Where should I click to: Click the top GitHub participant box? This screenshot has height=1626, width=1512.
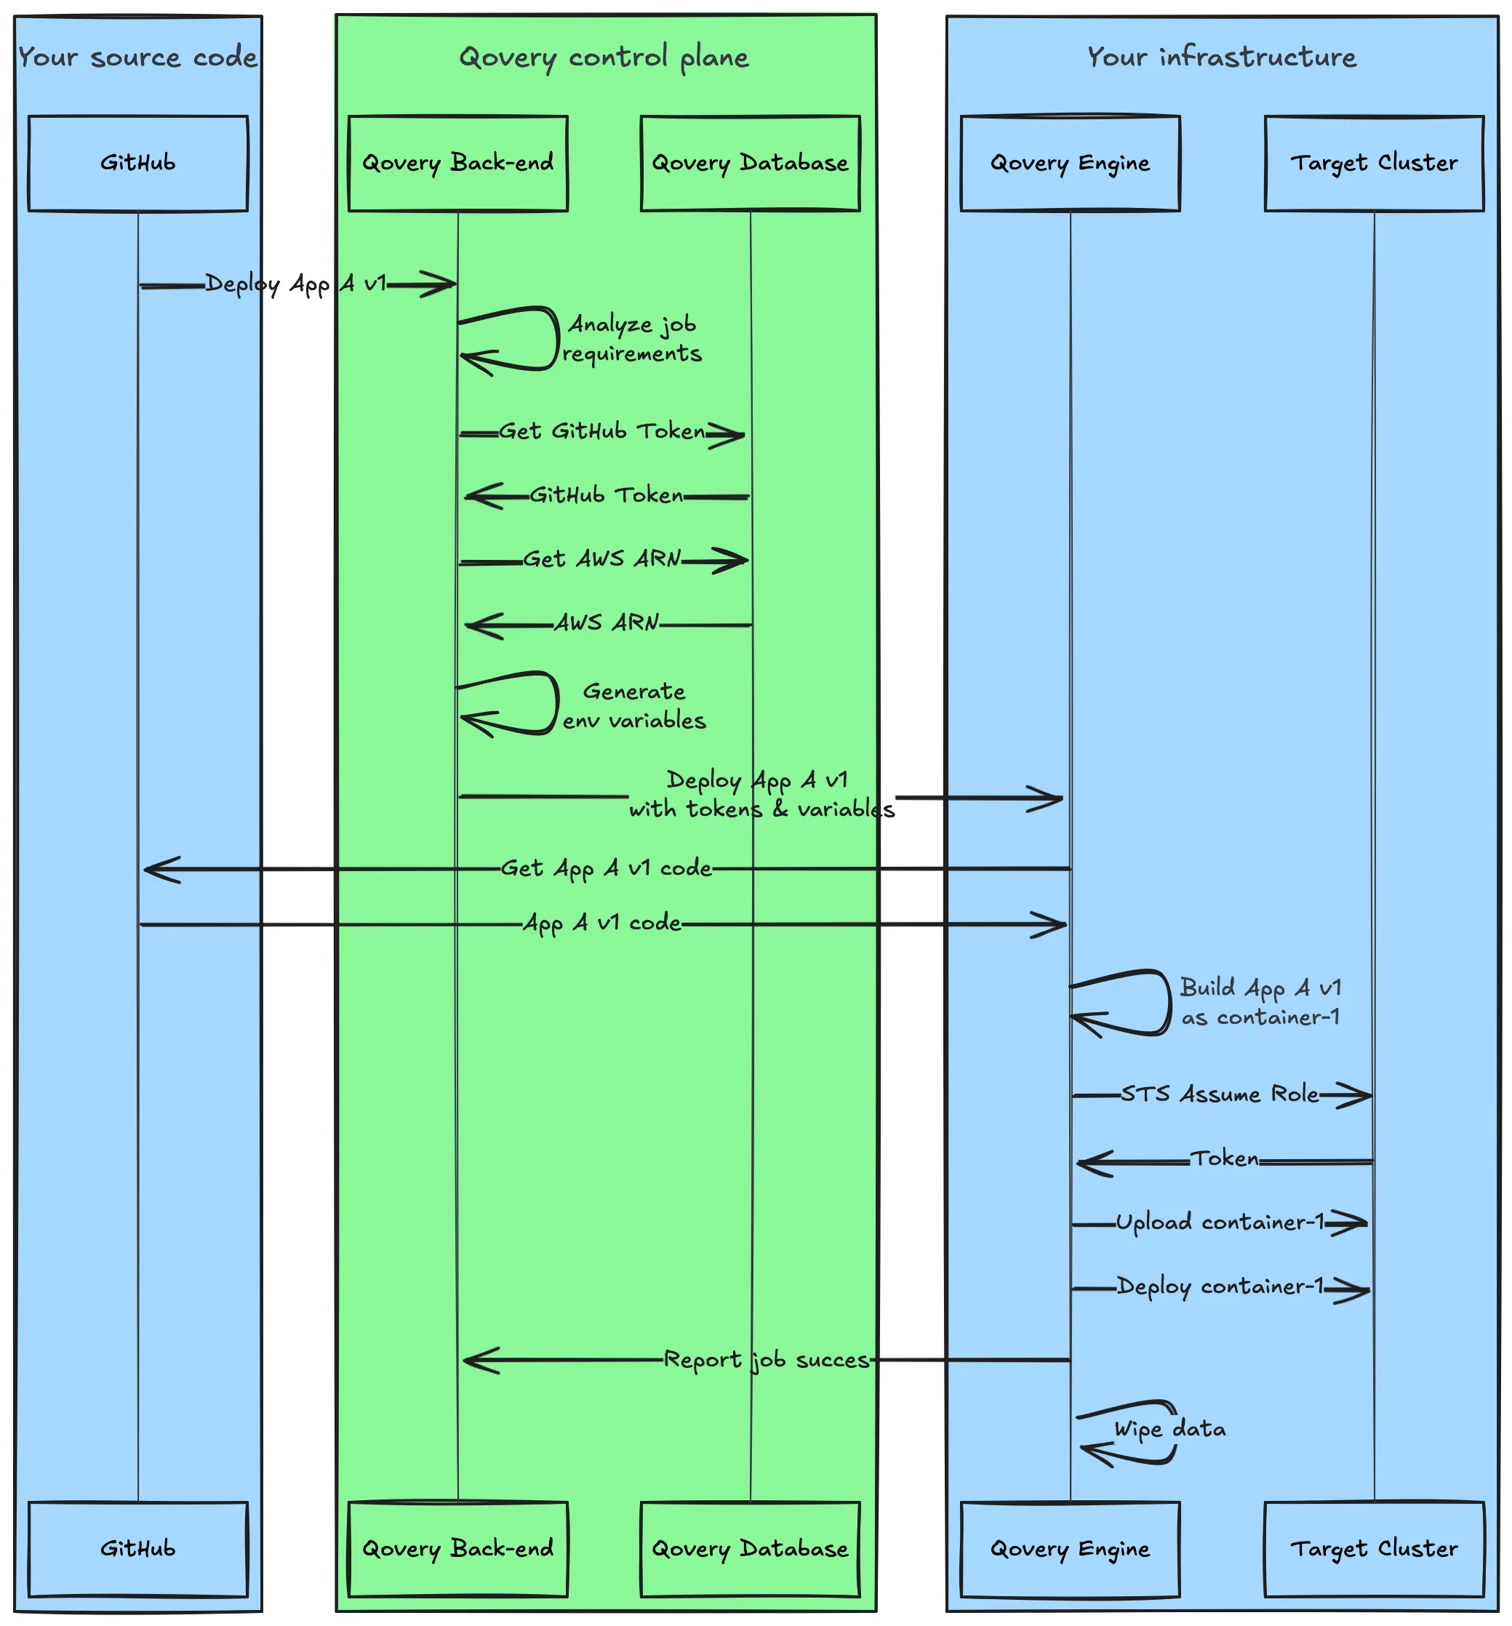coord(137,163)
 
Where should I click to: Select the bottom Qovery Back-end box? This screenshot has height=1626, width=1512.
coord(457,1548)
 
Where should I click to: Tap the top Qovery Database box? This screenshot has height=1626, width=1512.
coord(749,163)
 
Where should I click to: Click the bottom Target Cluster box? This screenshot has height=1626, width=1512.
coord(1374,1548)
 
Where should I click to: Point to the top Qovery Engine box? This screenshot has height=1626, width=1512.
coord(1069,163)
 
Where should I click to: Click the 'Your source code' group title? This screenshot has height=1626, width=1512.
coord(137,57)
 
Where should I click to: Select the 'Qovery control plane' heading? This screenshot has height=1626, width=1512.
coord(604,57)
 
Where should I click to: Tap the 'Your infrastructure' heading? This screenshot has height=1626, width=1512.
coord(1222,57)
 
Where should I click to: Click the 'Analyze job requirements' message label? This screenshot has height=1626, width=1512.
coord(631,339)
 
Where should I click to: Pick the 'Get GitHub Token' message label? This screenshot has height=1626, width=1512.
coord(602,431)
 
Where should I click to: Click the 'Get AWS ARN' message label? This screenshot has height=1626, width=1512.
coord(602,558)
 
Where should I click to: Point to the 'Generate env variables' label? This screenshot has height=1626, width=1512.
coord(634,706)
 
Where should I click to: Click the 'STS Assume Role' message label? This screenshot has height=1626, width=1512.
coord(1219,1094)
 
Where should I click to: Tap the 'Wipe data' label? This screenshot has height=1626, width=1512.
coord(1170,1429)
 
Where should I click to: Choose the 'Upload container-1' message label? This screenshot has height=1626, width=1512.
coord(1219,1222)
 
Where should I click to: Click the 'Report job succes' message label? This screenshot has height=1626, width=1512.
coord(766,1359)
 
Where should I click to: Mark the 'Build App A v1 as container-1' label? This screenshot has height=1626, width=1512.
coord(1260,1002)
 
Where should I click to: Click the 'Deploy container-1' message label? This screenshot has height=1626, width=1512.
coord(1219,1286)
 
